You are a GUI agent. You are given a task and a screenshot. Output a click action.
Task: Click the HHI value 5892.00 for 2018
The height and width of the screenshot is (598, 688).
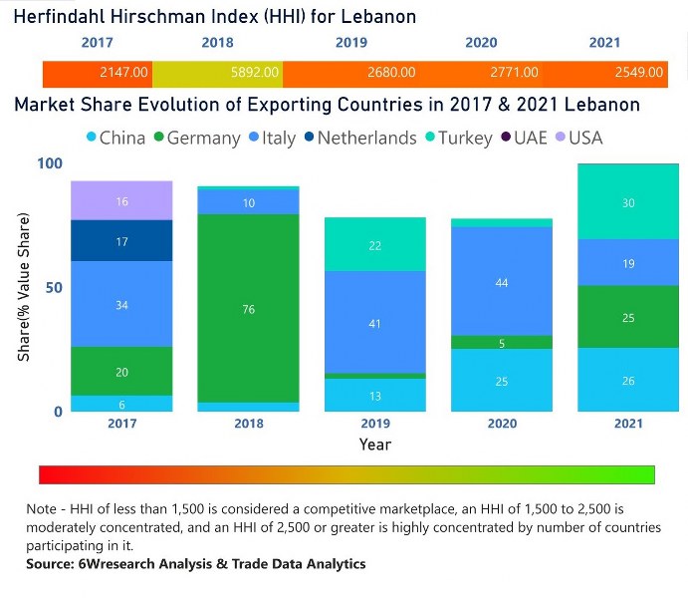coord(254,73)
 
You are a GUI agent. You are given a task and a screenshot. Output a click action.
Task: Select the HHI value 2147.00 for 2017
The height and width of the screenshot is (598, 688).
coord(124,73)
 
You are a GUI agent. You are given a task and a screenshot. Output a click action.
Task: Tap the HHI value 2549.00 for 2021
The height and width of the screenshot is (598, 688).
coord(638,73)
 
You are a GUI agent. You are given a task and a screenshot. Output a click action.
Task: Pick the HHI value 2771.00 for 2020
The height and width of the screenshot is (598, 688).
coord(514,73)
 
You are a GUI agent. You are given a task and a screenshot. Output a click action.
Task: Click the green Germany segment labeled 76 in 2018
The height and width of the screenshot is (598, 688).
coord(249,308)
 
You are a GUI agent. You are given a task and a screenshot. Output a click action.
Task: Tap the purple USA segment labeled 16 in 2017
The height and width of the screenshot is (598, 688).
coord(121,201)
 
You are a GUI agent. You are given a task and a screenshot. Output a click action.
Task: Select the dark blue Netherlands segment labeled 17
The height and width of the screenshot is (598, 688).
coord(121,241)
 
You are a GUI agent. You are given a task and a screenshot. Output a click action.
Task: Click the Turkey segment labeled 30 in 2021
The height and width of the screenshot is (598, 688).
coord(627,202)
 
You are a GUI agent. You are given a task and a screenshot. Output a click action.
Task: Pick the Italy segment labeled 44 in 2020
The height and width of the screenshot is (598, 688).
coord(501,282)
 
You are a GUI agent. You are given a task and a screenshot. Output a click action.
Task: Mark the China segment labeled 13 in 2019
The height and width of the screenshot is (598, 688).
coord(374,395)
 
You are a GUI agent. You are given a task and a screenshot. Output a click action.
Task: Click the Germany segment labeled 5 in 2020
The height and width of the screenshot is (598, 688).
coord(501,342)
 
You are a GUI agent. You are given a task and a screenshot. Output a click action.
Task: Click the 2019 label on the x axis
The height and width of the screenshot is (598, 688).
coord(374,423)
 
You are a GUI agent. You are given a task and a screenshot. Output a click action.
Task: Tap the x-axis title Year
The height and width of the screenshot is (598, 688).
coord(375,444)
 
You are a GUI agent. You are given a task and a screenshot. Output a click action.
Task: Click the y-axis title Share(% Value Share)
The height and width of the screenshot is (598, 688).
coord(23,287)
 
